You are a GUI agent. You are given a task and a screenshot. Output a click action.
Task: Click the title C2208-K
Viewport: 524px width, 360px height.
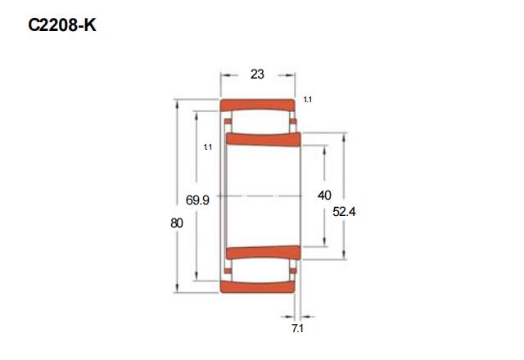click(x=62, y=25)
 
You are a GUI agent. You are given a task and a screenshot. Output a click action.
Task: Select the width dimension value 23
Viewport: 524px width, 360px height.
click(x=257, y=74)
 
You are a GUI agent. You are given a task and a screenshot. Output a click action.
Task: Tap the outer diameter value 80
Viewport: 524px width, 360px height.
click(x=177, y=223)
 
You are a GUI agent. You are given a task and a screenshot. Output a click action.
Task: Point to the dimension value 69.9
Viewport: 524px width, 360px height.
click(x=197, y=200)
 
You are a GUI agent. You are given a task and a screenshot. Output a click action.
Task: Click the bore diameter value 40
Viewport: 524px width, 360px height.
click(x=324, y=196)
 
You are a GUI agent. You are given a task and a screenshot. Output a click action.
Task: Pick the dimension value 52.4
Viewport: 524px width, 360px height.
click(x=344, y=212)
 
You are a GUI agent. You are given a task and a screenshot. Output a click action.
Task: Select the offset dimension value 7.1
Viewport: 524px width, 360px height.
click(x=297, y=329)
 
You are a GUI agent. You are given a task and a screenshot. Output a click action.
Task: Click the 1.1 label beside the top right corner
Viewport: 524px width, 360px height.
click(x=308, y=100)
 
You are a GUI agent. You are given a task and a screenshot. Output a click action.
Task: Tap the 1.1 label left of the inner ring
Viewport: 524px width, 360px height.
click(x=208, y=147)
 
